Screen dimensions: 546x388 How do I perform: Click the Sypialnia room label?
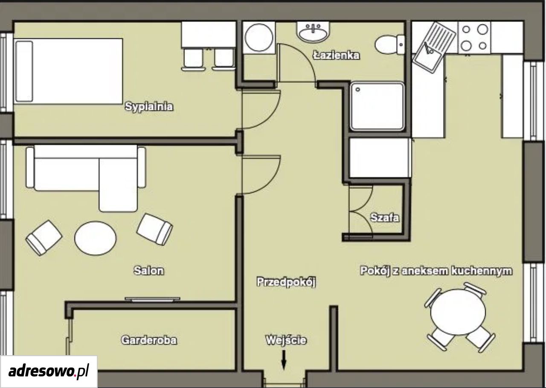tap(149, 107)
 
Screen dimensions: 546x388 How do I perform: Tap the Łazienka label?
tap(337, 55)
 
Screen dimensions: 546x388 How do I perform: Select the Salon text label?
tap(149, 271)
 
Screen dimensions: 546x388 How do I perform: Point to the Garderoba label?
tap(149, 340)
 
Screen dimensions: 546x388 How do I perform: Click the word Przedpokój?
tap(286, 282)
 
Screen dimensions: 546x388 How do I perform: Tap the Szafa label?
tap(385, 218)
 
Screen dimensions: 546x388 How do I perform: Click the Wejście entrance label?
tap(286, 340)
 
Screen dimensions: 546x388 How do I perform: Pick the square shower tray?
tap(377, 106)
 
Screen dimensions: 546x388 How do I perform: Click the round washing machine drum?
tap(259, 37)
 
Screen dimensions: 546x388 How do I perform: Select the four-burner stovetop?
tap(474, 37)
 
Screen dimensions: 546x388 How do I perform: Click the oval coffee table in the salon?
tap(96, 238)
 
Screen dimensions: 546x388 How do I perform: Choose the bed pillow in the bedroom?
tap(24, 71)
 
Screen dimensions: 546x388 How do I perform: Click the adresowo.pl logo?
tap(49, 372)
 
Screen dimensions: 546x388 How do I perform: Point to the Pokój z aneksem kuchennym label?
tap(436, 271)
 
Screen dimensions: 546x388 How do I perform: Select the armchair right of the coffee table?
tap(154, 229)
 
